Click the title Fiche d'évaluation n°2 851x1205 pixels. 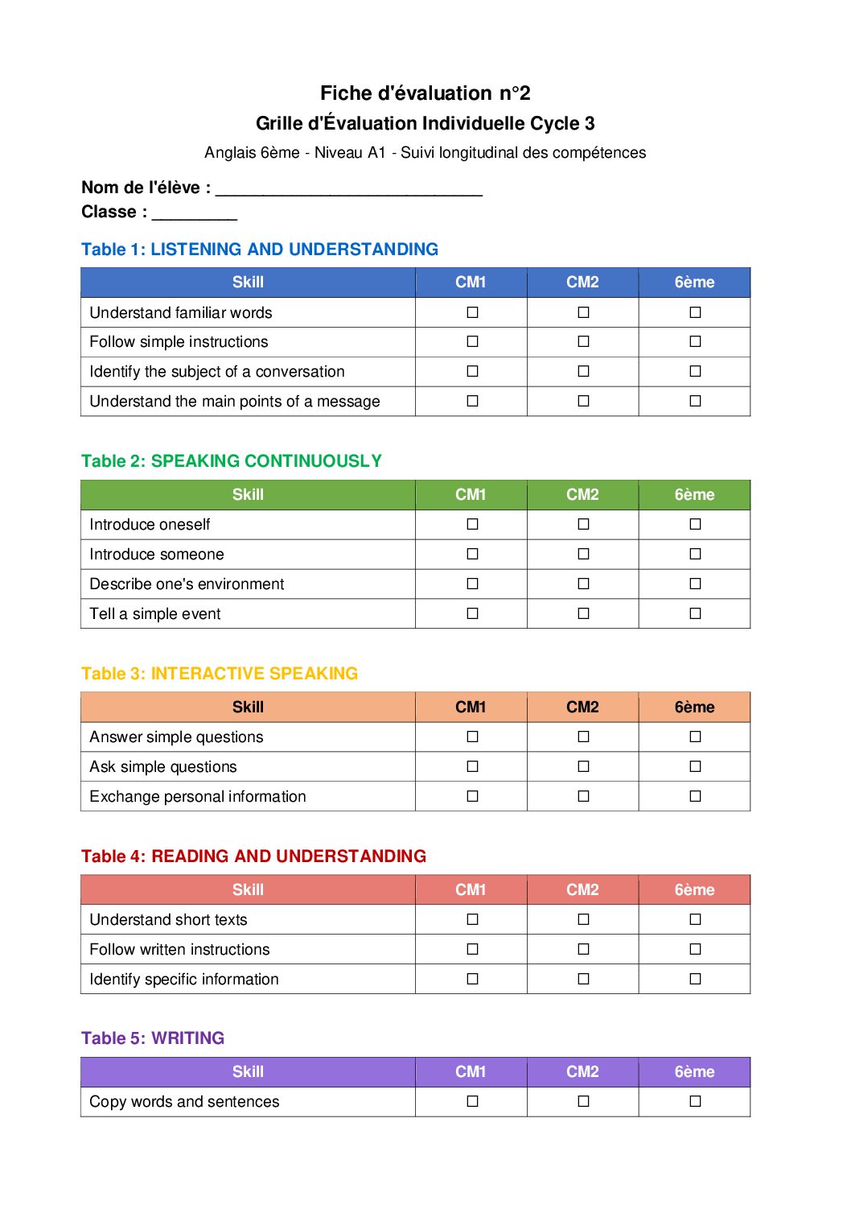[x=425, y=93]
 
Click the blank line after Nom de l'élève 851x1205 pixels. [x=349, y=190]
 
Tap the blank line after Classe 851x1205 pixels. [x=194, y=214]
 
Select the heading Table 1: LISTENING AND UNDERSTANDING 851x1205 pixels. [x=260, y=250]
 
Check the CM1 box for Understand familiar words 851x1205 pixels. [x=472, y=312]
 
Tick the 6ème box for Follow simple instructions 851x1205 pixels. [x=695, y=341]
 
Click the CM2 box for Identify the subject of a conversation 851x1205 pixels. [x=583, y=371]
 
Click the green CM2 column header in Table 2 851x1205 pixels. [x=582, y=495]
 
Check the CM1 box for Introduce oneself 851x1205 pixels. [x=472, y=524]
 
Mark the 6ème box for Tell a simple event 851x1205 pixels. [x=695, y=613]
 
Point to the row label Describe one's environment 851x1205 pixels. [x=187, y=584]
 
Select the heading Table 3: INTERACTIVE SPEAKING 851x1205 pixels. [x=220, y=674]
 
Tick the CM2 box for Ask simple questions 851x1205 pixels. [x=583, y=766]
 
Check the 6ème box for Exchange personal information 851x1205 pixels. [x=695, y=796]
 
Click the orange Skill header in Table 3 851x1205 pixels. [x=248, y=708]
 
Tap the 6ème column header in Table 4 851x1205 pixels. [x=694, y=890]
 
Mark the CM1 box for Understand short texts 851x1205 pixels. [x=472, y=919]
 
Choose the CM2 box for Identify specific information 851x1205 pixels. [x=583, y=979]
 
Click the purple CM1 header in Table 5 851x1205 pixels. [x=471, y=1072]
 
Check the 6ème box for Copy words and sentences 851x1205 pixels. [x=695, y=1101]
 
